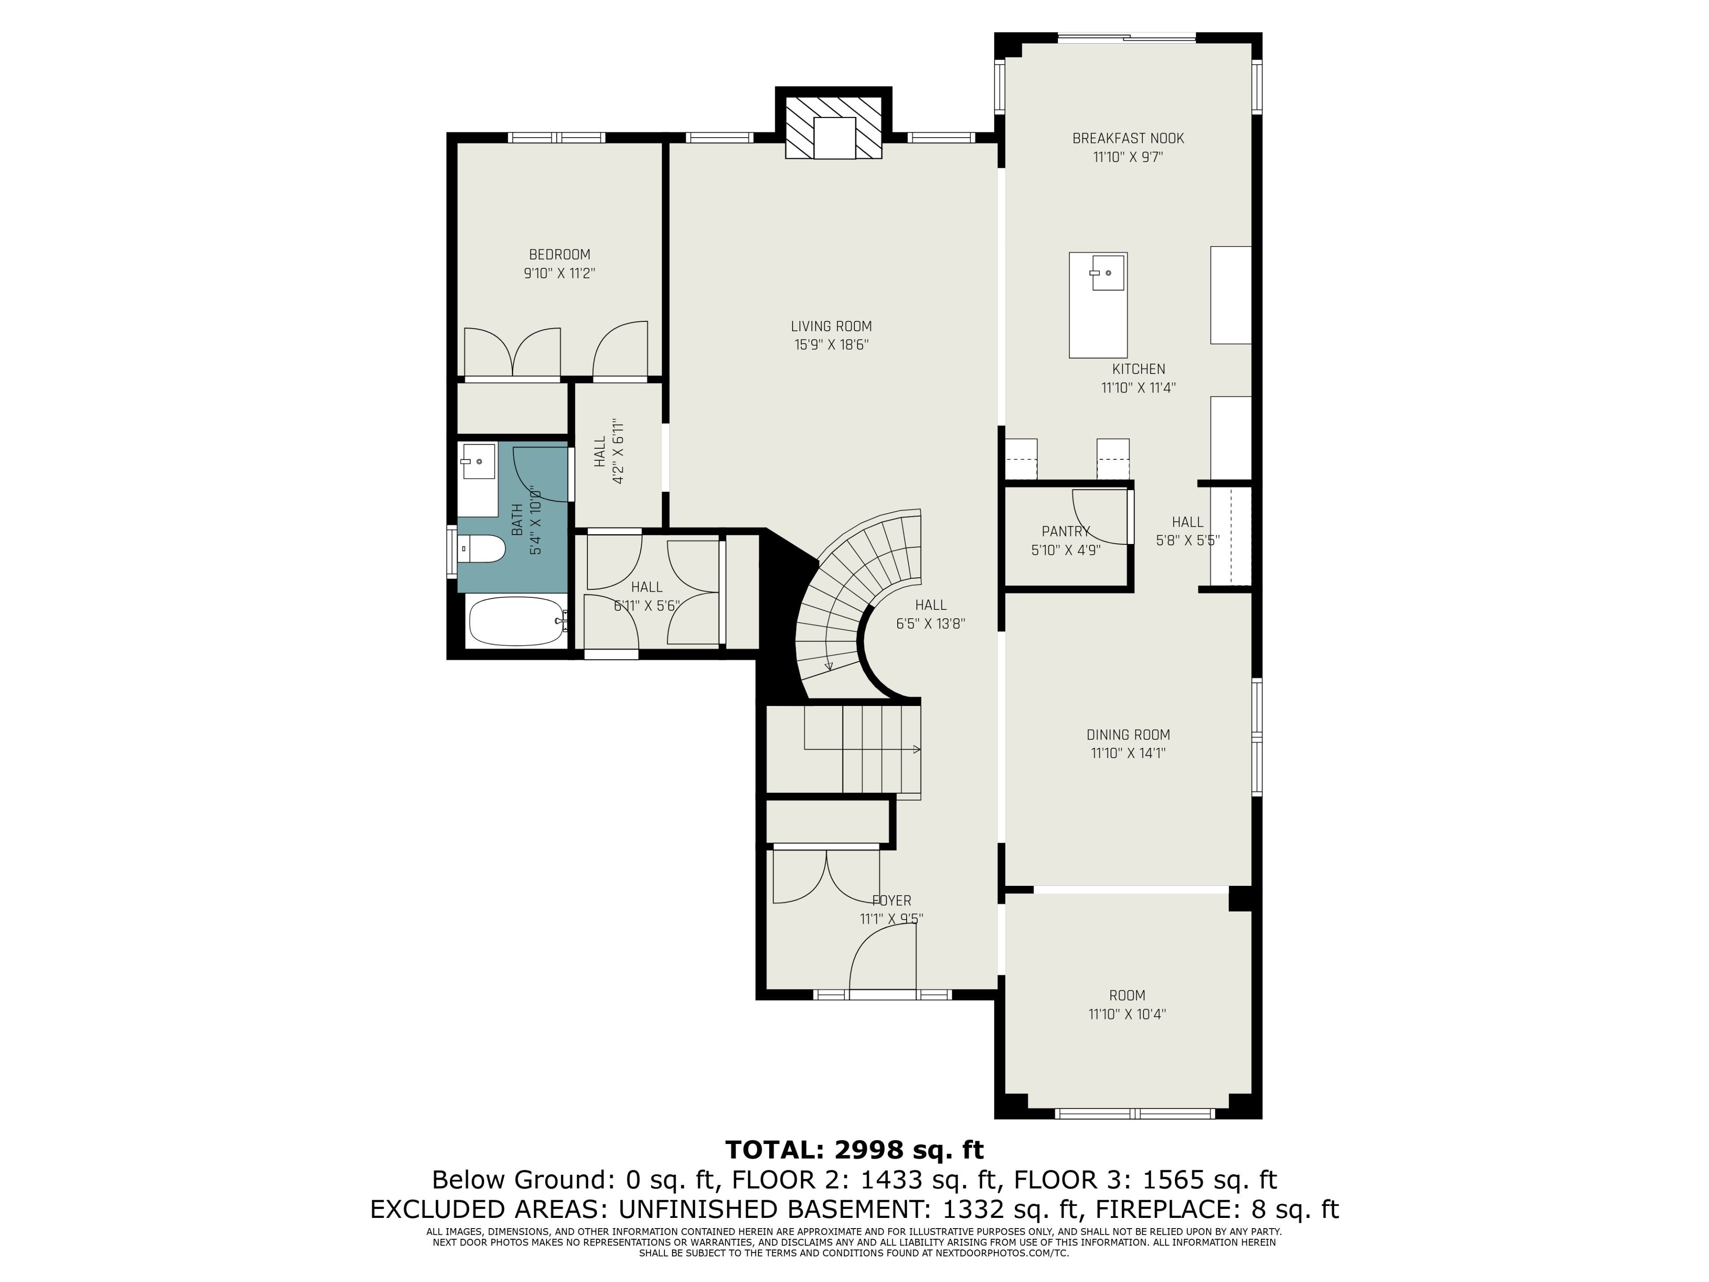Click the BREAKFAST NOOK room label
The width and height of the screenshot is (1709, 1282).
tap(1128, 138)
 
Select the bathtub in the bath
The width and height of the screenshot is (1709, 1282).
tap(517, 621)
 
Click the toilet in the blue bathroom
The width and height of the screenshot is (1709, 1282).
tap(482, 549)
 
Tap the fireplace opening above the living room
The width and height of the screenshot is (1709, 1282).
tap(834, 138)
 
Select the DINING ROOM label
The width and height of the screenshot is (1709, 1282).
tap(1128, 735)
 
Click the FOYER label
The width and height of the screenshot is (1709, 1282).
tap(891, 900)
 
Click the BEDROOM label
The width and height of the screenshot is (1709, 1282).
tap(559, 254)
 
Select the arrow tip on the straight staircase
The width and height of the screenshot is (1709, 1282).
tap(919, 749)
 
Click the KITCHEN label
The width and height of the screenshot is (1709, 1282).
tap(1139, 369)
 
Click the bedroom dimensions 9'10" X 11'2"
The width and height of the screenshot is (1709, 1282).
tap(559, 274)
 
